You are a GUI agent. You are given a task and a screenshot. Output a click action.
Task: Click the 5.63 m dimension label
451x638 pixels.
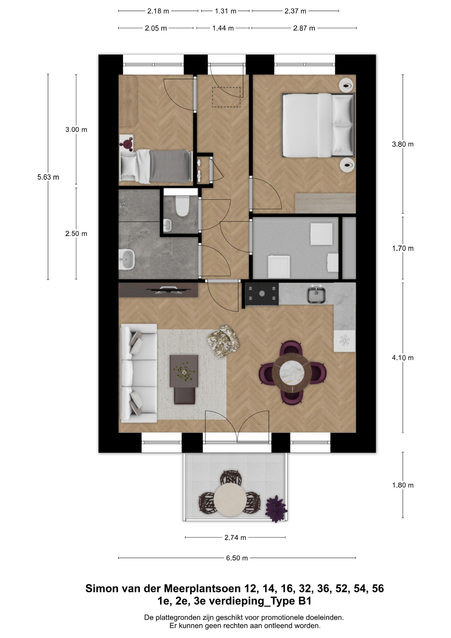tap(48, 177)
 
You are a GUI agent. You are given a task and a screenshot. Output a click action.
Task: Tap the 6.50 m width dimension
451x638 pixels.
tap(237, 558)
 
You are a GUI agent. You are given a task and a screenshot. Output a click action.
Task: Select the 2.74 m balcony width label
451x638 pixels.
tap(235, 537)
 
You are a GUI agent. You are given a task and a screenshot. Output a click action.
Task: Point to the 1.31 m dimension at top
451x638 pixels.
tap(225, 11)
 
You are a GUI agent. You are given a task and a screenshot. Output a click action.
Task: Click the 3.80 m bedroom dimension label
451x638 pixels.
tap(403, 144)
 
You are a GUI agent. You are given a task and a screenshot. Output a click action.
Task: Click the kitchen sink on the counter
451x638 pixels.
tap(316, 294)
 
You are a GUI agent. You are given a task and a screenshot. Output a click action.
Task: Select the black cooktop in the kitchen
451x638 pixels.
tap(262, 294)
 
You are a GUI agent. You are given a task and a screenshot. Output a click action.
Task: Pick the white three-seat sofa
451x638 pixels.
tap(138, 373)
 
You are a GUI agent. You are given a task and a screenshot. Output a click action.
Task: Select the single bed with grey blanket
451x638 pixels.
tap(156, 166)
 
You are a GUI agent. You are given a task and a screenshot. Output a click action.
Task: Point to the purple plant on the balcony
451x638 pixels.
tap(276, 508)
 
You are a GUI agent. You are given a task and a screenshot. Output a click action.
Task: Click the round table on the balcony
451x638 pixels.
tap(230, 499)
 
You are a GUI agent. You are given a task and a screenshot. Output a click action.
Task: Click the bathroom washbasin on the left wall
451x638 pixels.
tap(127, 260)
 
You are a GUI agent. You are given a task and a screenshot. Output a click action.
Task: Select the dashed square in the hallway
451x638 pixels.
tap(226, 97)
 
